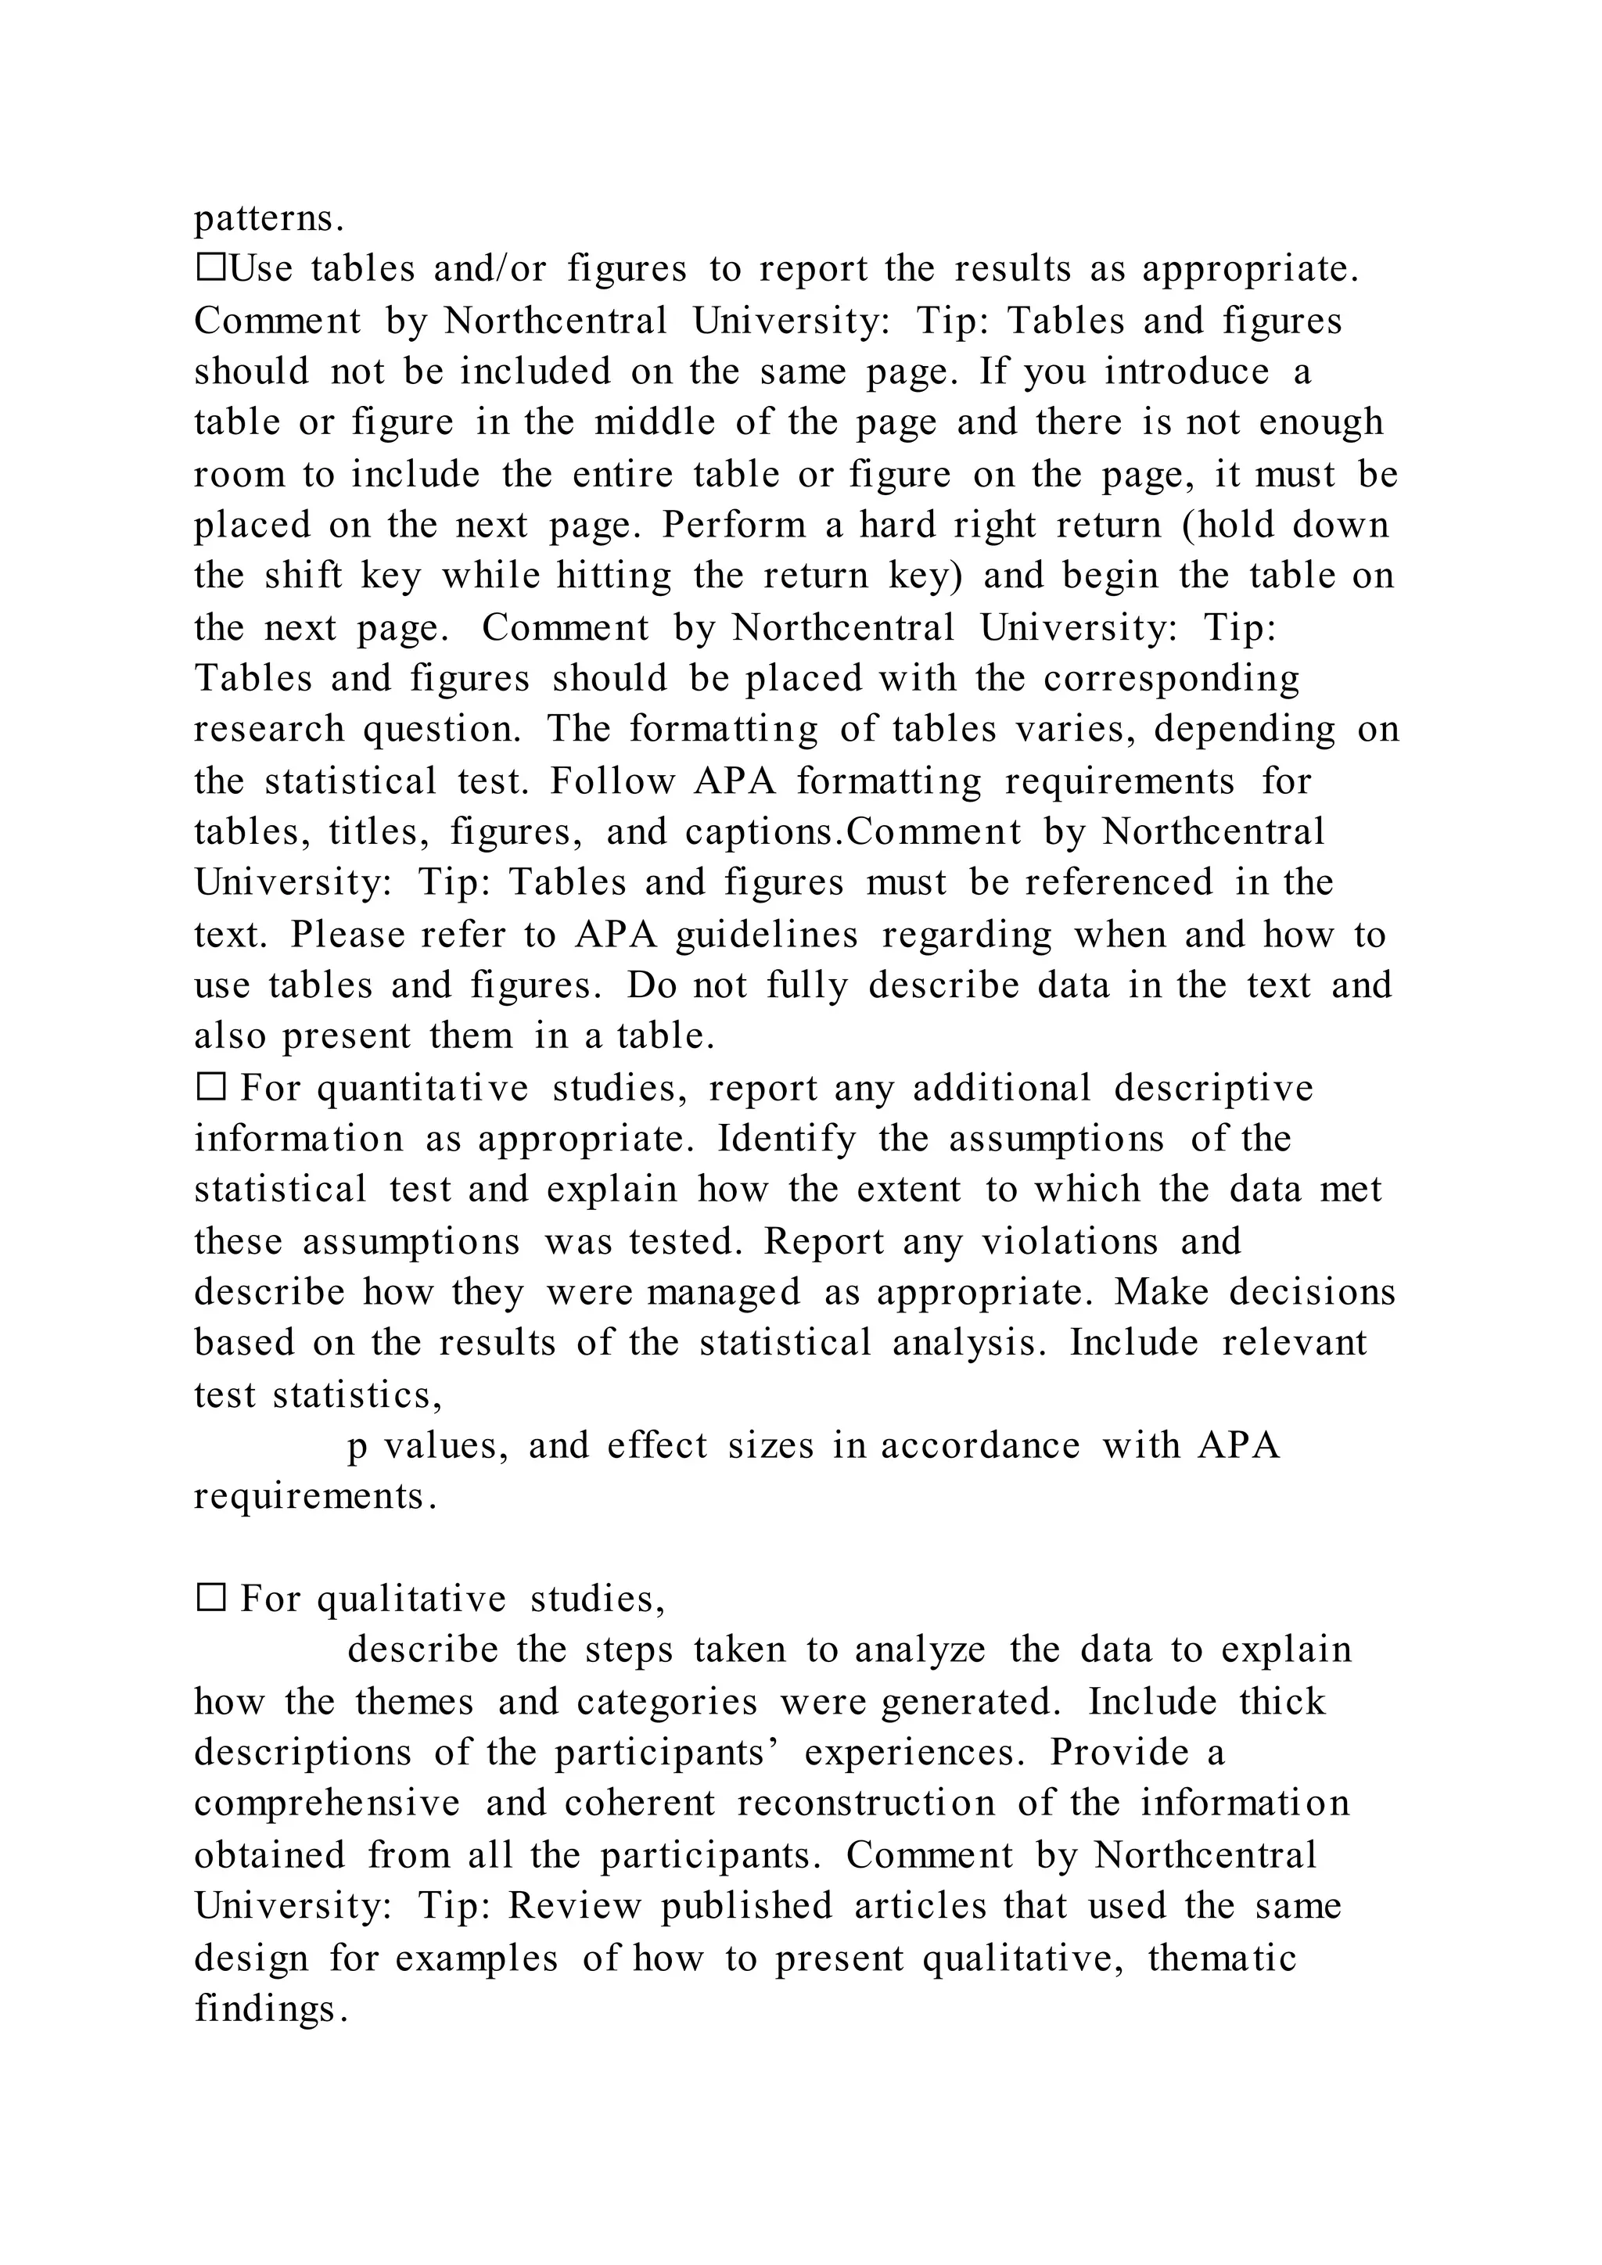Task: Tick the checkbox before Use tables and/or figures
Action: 211,268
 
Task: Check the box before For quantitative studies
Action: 211,1088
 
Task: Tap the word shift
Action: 303,576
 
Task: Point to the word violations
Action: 1069,1241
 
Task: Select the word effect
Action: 657,1445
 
